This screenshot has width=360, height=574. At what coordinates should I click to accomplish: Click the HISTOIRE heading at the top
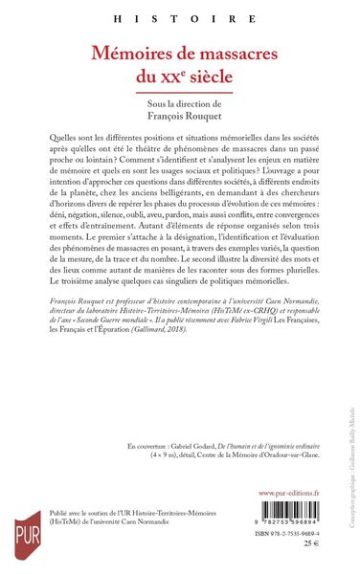pyautogui.click(x=179, y=16)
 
